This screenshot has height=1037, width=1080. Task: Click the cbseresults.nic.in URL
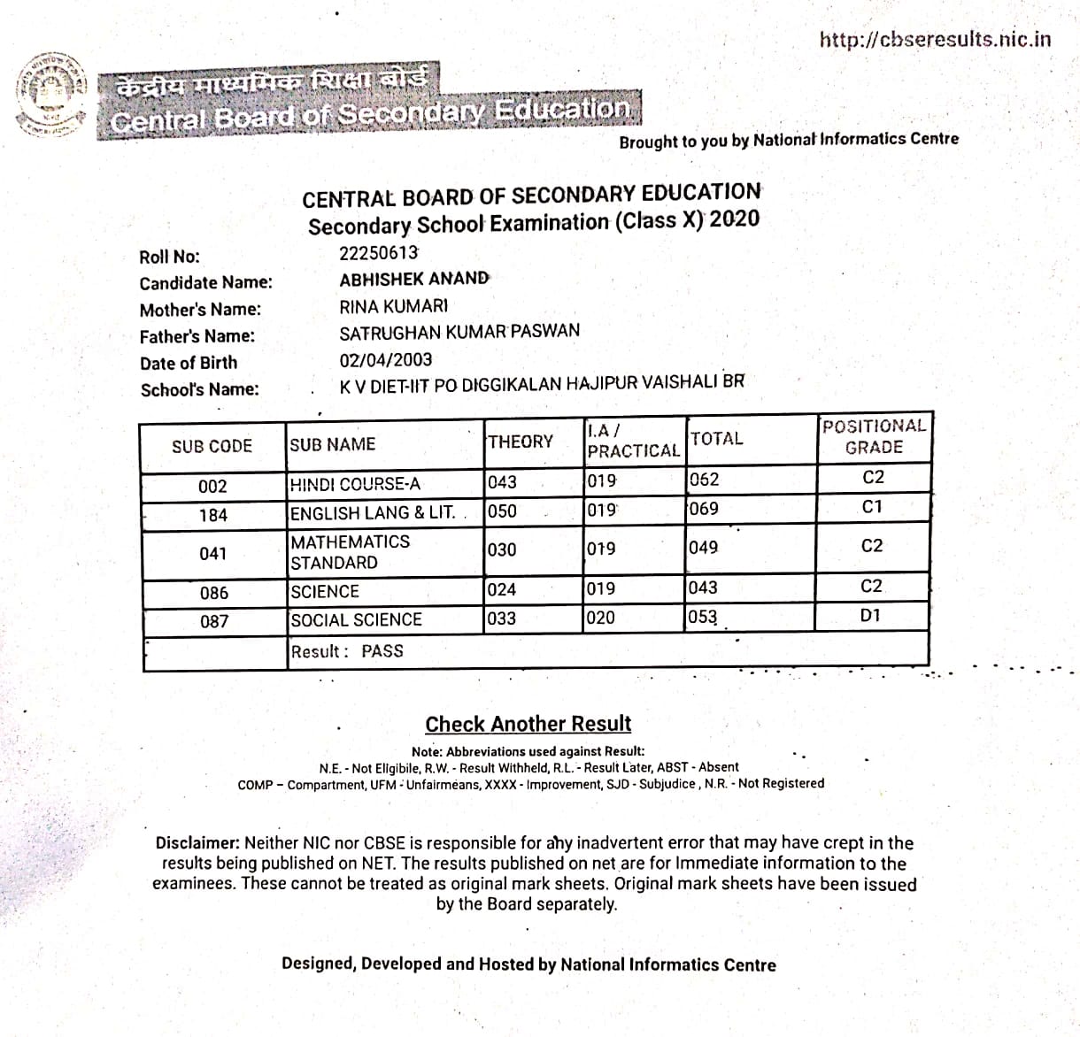[935, 39]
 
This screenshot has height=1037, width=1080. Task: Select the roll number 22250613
[378, 253]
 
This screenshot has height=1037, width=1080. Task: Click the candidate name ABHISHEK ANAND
[413, 279]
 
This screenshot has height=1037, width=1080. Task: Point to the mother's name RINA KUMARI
[393, 306]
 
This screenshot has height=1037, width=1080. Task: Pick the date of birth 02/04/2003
[386, 360]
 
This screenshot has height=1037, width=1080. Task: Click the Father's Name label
[197, 336]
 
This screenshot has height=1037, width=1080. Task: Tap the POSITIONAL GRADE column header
[873, 436]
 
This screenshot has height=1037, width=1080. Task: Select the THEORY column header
[521, 442]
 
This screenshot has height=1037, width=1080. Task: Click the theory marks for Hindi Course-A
[502, 482]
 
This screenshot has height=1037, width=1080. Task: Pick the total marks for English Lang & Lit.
[704, 509]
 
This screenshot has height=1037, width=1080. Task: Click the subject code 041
[213, 553]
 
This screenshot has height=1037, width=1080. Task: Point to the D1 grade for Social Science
[871, 615]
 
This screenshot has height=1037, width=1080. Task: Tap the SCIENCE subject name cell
[325, 591]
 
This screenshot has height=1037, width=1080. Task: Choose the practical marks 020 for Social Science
[600, 618]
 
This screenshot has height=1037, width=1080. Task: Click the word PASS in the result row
[382, 651]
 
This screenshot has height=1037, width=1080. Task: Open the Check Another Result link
[528, 724]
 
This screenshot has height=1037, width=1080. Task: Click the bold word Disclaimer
[197, 843]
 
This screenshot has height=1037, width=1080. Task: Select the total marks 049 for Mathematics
[704, 548]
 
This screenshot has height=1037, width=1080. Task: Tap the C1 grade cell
[872, 507]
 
